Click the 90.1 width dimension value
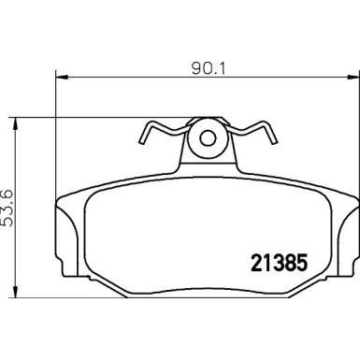pos(204,67)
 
